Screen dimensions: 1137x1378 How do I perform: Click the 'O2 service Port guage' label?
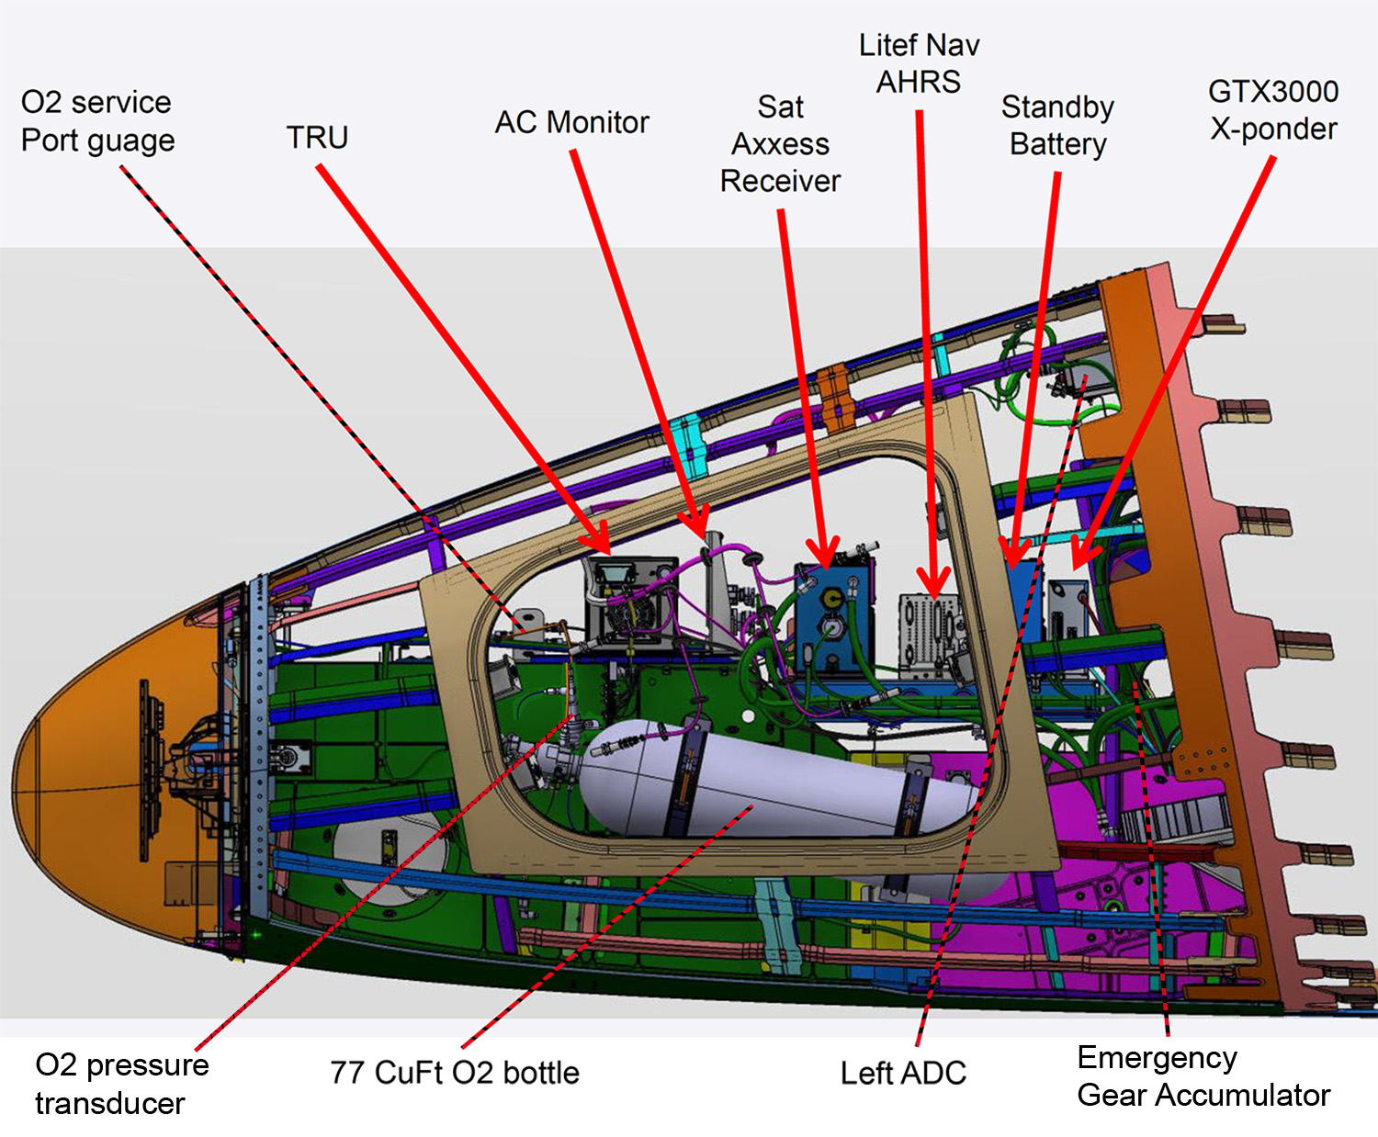[97, 121]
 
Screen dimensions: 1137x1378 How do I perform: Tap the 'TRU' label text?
[317, 138]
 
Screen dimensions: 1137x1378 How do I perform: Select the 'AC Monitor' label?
[571, 122]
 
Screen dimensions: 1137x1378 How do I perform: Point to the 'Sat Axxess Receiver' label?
[780, 144]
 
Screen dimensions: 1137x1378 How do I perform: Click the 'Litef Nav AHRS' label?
[919, 63]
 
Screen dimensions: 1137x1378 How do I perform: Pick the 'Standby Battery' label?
[1057, 126]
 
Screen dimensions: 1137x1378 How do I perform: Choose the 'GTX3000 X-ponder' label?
[1273, 110]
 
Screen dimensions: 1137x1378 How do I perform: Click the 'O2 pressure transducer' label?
[121, 1084]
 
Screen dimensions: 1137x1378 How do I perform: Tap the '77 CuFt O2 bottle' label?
[455, 1073]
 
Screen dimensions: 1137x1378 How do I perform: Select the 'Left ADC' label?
[903, 1073]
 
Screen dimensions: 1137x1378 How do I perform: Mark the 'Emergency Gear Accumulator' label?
[1203, 1076]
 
